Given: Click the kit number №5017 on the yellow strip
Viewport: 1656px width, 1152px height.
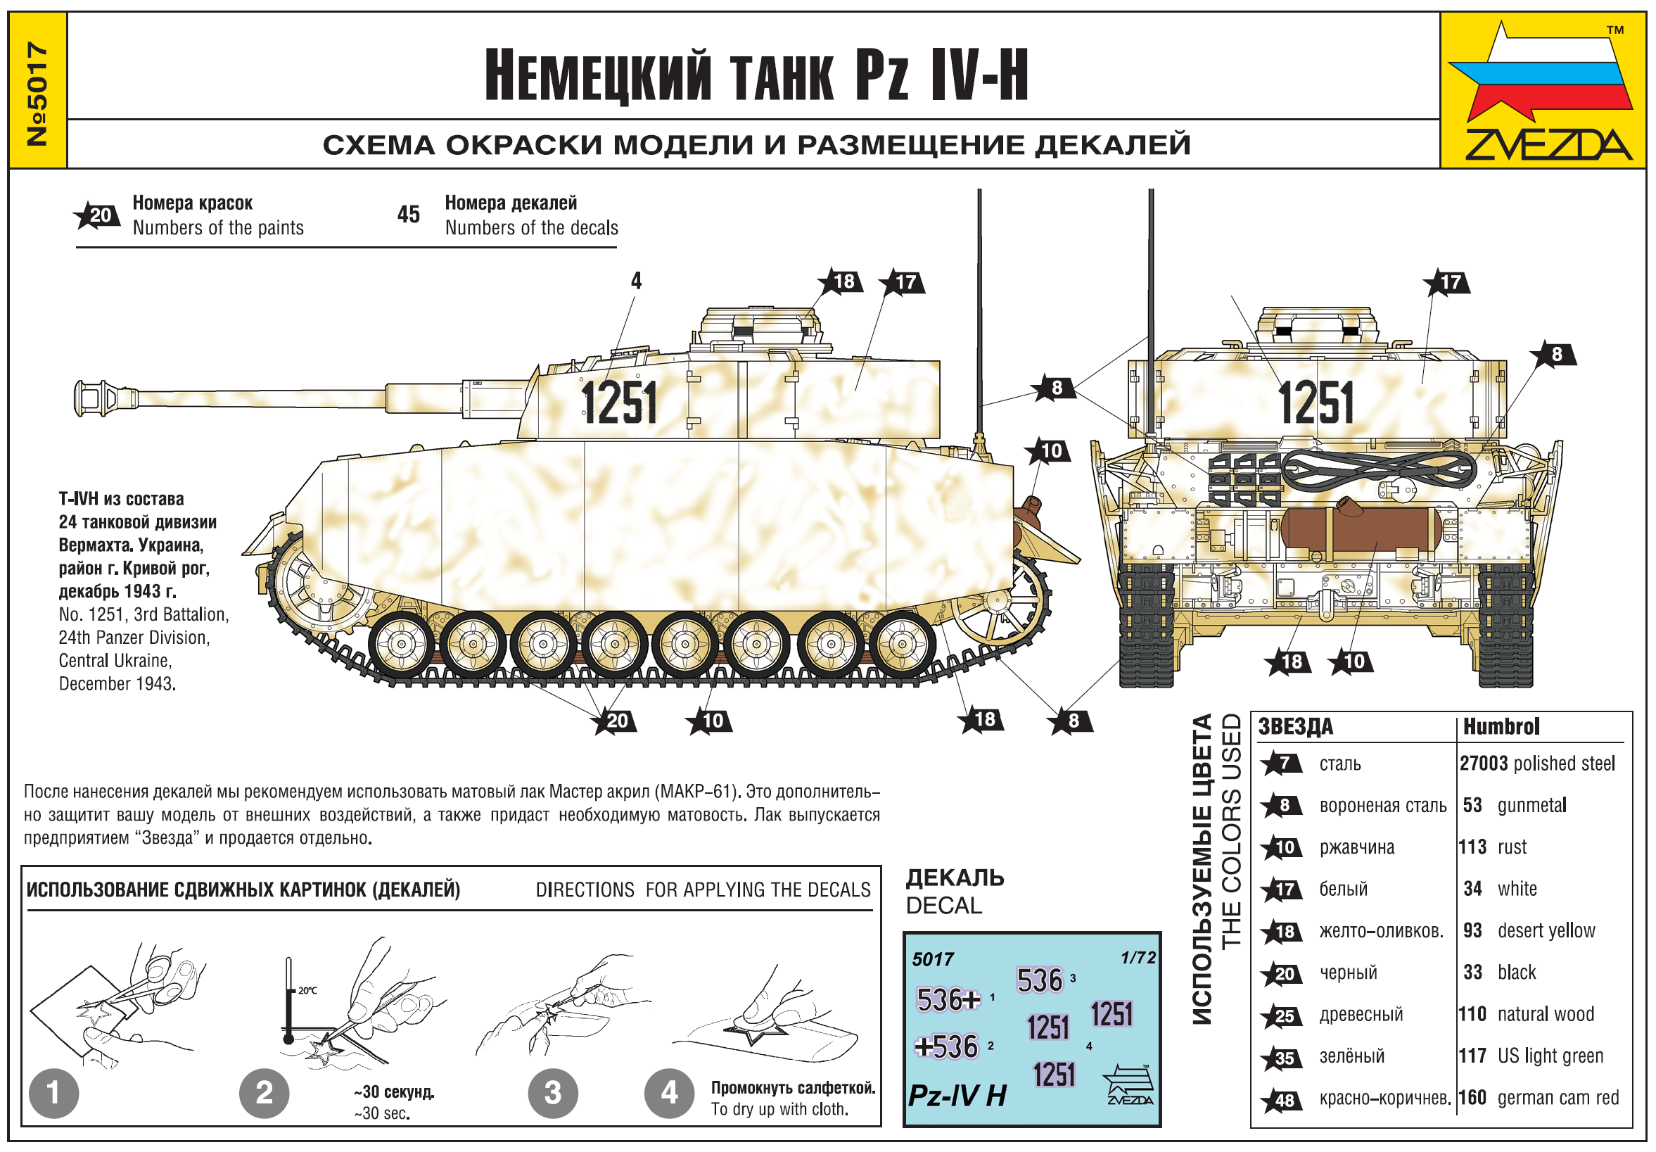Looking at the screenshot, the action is (x=37, y=94).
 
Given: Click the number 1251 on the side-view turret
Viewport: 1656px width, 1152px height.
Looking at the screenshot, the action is (x=619, y=403).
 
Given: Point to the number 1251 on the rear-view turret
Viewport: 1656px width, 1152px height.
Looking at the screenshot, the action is (x=1316, y=403).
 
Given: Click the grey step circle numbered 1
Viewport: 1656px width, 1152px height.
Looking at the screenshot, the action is (x=54, y=1093).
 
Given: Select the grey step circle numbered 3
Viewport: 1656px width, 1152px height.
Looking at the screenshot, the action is (x=552, y=1093).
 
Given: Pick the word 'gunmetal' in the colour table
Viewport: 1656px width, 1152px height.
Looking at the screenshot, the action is (x=1532, y=805).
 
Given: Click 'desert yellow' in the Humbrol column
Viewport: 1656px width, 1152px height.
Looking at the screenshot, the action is (x=1546, y=930).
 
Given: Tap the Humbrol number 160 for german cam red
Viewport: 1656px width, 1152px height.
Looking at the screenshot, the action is (x=1472, y=1097).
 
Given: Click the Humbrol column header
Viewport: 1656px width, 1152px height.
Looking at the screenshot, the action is (x=1501, y=726).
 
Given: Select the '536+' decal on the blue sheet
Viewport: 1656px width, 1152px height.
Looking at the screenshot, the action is (x=948, y=1000).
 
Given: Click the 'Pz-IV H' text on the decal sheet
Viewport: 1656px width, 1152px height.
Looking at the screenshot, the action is (x=957, y=1096).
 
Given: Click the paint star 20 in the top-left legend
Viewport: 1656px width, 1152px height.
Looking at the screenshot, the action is (x=96, y=215).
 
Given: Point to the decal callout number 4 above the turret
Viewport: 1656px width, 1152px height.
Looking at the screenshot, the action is (x=636, y=281).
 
